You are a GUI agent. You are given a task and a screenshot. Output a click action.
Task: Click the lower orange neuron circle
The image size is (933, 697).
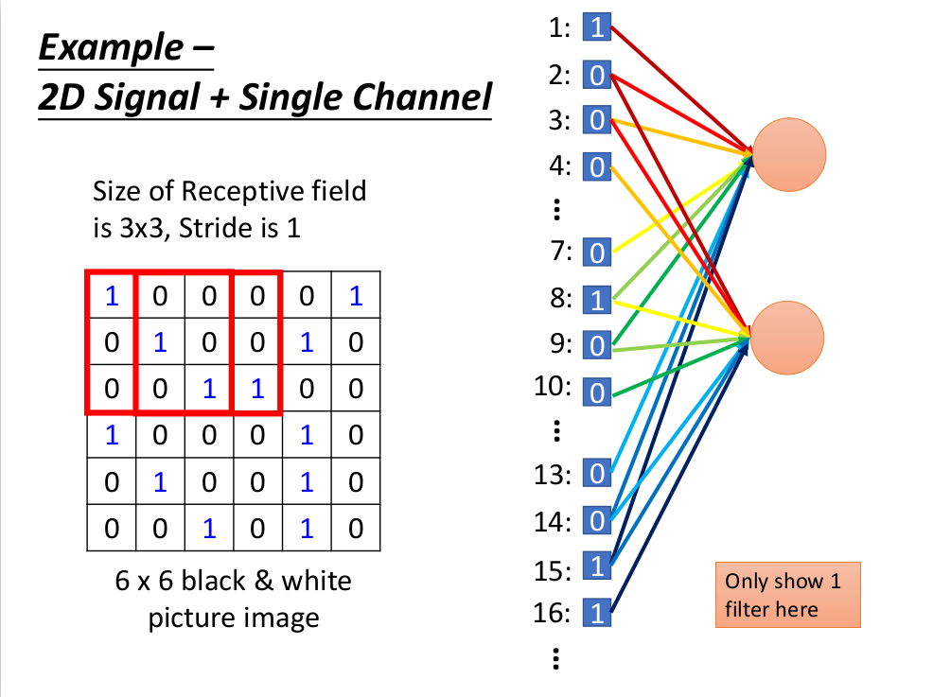tap(789, 337)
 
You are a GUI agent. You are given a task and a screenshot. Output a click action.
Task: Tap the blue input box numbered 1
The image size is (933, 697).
tap(596, 27)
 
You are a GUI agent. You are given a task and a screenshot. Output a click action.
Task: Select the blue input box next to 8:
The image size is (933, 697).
tap(596, 300)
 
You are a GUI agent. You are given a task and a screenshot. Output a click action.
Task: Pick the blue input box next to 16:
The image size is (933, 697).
tap(596, 614)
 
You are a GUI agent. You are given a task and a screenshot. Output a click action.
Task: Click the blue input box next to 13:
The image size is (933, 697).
tap(596, 473)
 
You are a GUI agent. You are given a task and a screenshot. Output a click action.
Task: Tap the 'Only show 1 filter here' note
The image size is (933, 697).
tap(787, 595)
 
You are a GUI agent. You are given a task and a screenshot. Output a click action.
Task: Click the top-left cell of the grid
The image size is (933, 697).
tap(112, 297)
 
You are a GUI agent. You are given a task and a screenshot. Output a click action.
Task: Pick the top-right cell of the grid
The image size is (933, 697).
tap(356, 297)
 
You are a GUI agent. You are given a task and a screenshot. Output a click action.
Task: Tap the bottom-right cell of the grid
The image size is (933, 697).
tap(356, 529)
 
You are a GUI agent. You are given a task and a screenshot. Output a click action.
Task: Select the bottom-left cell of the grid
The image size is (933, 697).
tap(112, 529)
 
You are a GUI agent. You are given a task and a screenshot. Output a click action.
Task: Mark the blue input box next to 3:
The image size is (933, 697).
tap(596, 120)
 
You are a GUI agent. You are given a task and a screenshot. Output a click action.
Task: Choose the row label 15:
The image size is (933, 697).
tap(553, 571)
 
